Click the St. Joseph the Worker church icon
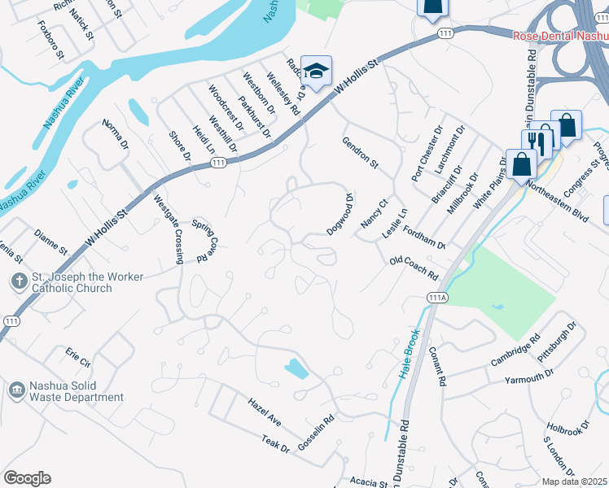[18, 282]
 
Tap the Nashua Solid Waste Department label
[77, 391]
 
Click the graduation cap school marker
[315, 69]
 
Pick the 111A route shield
[436, 298]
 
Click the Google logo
[27, 478]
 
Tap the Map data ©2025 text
[574, 481]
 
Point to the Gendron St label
[360, 151]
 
